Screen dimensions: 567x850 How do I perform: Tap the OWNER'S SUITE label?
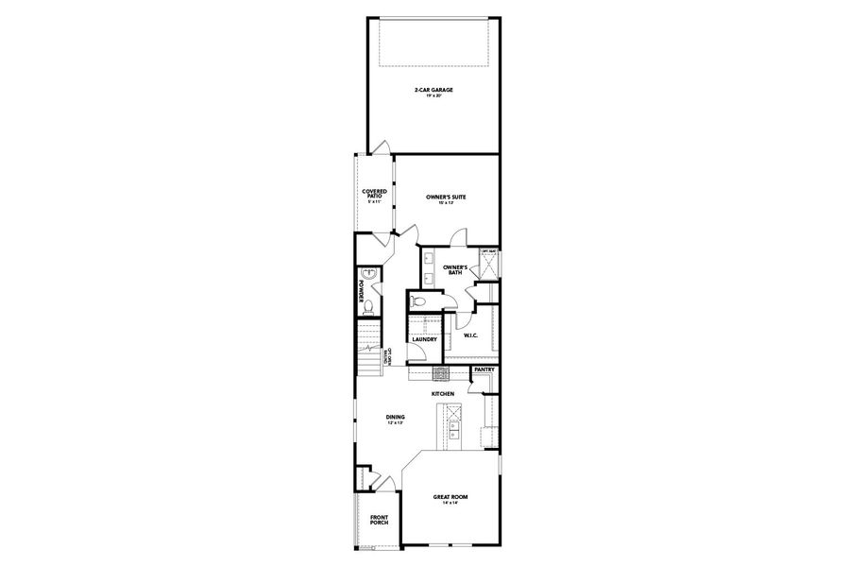coord(446,197)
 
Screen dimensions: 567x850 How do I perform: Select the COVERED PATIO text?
coord(374,194)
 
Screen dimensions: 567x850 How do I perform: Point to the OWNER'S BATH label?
coord(456,269)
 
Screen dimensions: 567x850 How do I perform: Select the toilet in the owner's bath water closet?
coord(420,301)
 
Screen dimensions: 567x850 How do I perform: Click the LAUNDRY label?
coord(424,339)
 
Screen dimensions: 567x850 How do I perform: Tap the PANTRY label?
coord(484,369)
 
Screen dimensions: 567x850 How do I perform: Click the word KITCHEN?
coord(444,393)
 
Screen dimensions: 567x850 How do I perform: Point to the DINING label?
coord(395,417)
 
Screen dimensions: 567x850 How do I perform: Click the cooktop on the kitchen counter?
coord(439,373)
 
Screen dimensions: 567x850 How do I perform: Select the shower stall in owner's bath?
coord(489,266)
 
